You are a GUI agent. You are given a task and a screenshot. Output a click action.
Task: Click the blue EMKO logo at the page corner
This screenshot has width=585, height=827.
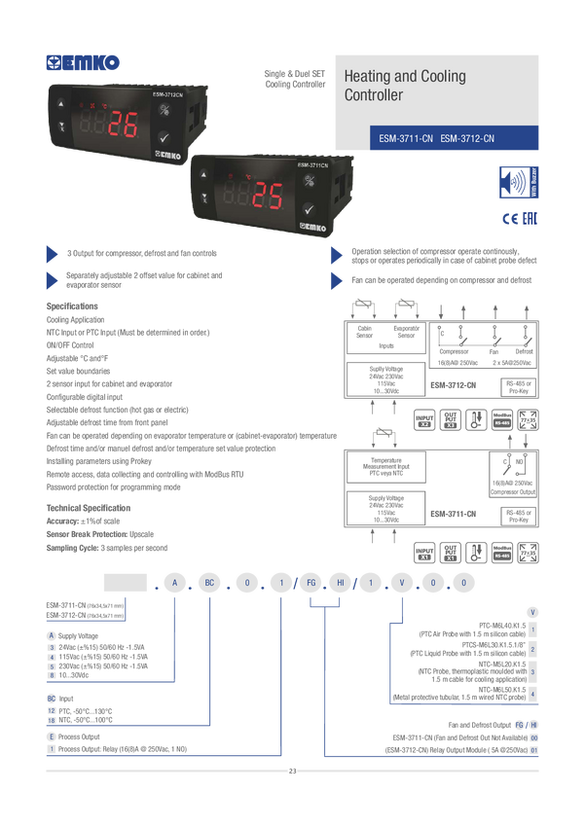coord(83,63)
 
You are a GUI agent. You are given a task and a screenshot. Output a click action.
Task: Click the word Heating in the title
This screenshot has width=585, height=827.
coord(368,76)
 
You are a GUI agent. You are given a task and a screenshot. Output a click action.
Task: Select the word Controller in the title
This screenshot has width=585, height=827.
coord(373,95)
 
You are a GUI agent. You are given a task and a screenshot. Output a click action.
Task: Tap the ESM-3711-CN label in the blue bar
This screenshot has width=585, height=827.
coord(406,139)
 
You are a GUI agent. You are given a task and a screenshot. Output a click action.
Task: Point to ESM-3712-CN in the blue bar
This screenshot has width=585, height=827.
coord(467,139)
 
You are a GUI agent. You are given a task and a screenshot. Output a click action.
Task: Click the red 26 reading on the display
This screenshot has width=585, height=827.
coord(123,126)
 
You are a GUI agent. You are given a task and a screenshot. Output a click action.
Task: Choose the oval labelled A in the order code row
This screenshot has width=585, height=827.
coord(174,583)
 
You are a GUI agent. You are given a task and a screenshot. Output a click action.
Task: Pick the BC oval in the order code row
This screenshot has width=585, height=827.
coord(210,583)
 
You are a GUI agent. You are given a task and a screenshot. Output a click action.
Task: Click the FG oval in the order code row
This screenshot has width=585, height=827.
coord(308,583)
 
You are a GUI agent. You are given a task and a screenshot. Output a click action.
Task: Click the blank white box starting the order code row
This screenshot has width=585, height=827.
coord(125,583)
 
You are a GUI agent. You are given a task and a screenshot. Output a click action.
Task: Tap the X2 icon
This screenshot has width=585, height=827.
coord(424,424)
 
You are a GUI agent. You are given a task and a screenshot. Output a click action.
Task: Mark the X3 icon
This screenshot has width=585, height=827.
coord(450,424)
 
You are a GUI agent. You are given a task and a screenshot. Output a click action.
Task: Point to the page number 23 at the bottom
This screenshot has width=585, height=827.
coord(292,772)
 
